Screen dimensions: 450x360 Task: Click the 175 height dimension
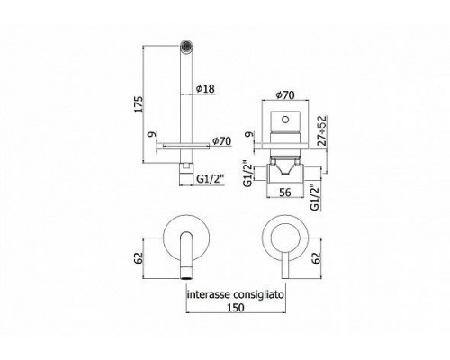(x=139, y=104)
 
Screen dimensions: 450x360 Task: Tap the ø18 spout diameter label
(x=205, y=89)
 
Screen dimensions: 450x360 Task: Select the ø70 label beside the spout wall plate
(x=221, y=140)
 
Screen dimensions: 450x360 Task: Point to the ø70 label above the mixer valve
(x=285, y=95)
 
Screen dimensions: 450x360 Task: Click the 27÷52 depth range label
(x=322, y=130)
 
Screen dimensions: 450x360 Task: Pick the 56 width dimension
(x=284, y=193)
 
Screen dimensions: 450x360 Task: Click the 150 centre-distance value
(x=236, y=308)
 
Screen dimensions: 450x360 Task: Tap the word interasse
(x=209, y=294)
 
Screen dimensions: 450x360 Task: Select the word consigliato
(x=259, y=295)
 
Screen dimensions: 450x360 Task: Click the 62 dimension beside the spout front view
(x=139, y=258)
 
